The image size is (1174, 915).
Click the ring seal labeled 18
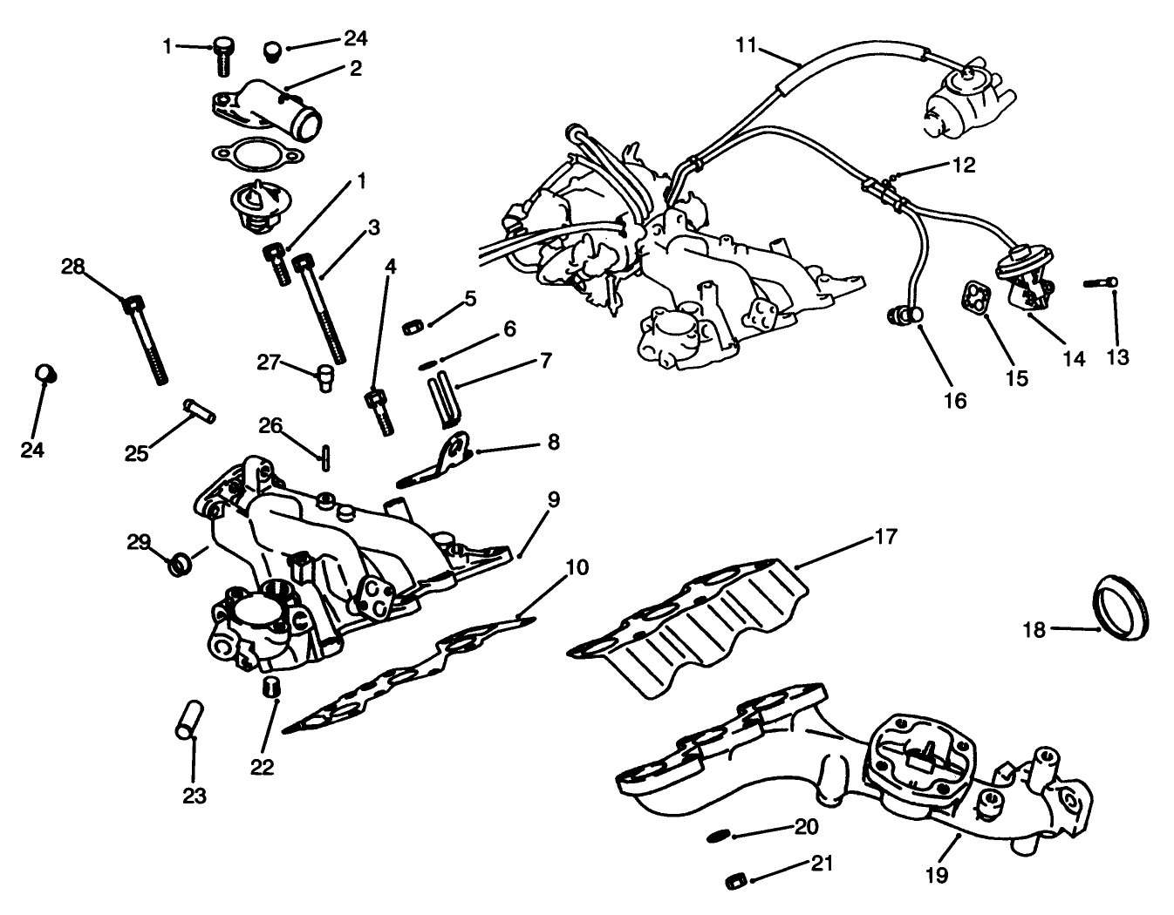[1120, 607]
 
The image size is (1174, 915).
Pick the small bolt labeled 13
[1101, 282]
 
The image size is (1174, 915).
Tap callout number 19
[938, 874]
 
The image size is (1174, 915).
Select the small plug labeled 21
[737, 880]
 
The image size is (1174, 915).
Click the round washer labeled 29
[181, 564]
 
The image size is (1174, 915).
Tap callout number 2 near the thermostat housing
[355, 68]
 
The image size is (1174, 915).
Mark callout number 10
[577, 568]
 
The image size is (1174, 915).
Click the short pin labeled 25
[201, 409]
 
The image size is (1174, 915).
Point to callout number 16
[955, 400]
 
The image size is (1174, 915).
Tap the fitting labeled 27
[326, 377]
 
